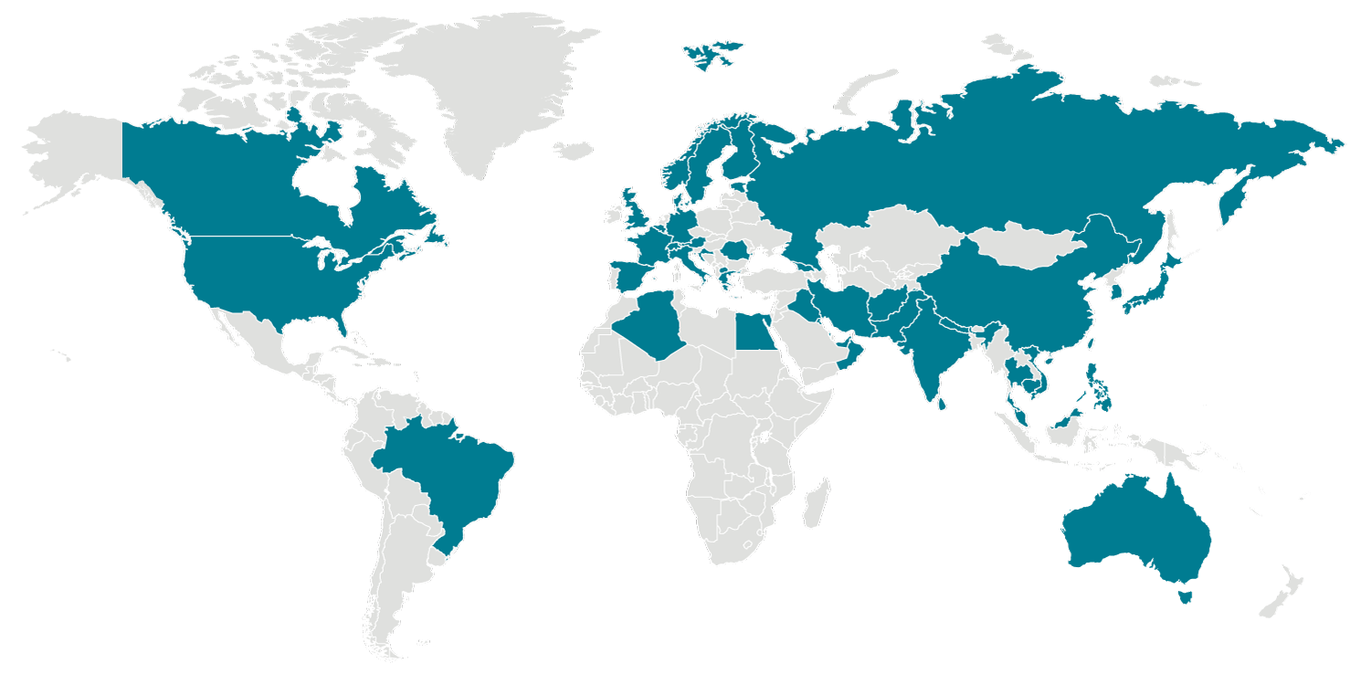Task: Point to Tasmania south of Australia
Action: pyautogui.click(x=1185, y=597)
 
